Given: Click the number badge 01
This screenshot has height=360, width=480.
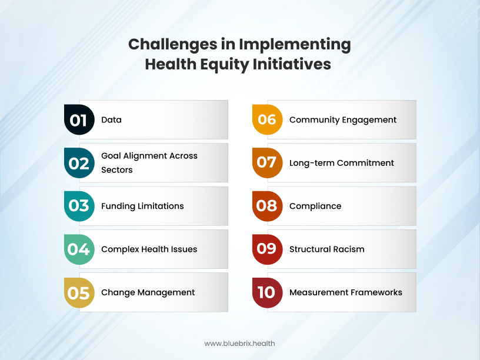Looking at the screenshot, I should pyautogui.click(x=79, y=120).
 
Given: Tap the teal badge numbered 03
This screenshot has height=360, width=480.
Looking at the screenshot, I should pyautogui.click(x=79, y=206).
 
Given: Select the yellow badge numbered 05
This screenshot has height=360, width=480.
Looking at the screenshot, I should pyautogui.click(x=79, y=292).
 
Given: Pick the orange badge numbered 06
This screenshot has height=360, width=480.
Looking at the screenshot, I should pyautogui.click(x=267, y=120).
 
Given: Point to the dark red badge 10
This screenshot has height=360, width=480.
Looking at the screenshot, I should pyautogui.click(x=267, y=292).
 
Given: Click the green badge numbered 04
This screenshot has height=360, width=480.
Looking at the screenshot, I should pyautogui.click(x=79, y=249).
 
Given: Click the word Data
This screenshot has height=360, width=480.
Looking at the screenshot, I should pyautogui.click(x=111, y=120).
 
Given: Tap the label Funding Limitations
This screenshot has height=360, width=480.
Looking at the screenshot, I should pyautogui.click(x=142, y=206).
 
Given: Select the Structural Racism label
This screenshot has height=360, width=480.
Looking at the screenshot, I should pyautogui.click(x=326, y=249).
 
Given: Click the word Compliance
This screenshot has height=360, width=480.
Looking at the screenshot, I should pyautogui.click(x=315, y=206).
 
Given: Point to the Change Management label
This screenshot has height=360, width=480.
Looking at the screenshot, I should pyautogui.click(x=148, y=292).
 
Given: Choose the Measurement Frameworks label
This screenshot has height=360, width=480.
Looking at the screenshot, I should pyautogui.click(x=346, y=292).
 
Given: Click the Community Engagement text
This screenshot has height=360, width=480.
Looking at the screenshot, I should pyautogui.click(x=343, y=120).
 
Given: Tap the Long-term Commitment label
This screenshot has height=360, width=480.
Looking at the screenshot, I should pyautogui.click(x=342, y=163).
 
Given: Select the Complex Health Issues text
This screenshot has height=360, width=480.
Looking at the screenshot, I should pyautogui.click(x=149, y=249).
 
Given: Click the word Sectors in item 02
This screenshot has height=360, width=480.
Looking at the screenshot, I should pyautogui.click(x=117, y=170).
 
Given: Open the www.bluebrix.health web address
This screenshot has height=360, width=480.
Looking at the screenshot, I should pyautogui.click(x=239, y=344).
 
